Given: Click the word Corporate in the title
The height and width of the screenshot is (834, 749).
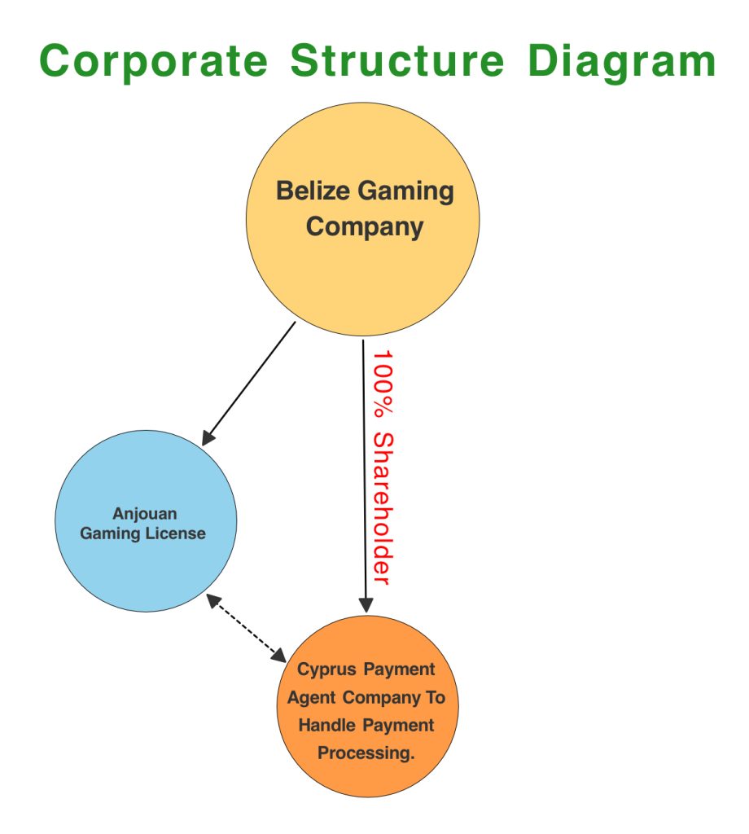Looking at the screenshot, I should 153,60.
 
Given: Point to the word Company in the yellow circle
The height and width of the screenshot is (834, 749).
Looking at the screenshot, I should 364,226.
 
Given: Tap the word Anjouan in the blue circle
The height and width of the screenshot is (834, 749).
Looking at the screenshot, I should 145,514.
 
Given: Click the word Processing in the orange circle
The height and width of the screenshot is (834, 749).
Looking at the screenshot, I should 366,753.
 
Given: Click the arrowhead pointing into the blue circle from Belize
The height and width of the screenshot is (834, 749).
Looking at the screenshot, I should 208,438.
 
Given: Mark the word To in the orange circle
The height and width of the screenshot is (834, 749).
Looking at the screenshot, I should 434,698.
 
